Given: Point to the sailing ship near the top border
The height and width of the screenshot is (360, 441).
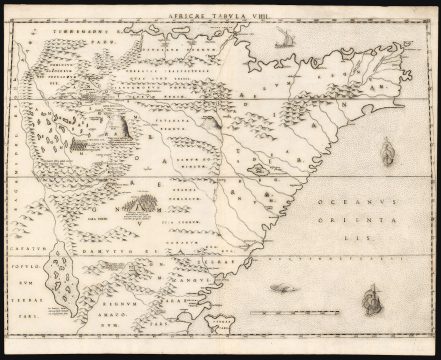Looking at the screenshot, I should [283, 41].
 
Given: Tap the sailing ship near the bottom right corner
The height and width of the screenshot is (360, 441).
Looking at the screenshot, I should [373, 298].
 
